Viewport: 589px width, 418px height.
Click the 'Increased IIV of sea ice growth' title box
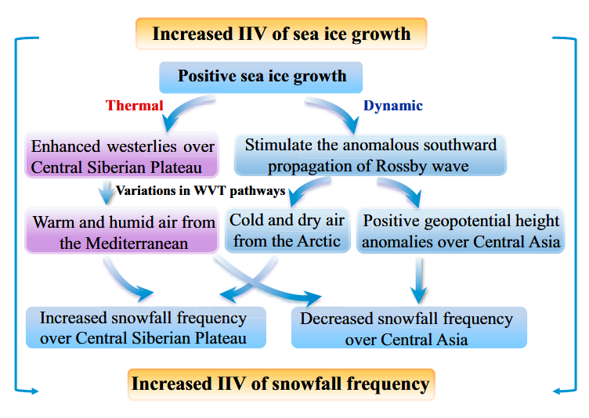281,34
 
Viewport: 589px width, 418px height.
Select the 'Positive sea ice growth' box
262,77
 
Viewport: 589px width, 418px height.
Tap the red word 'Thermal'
135,106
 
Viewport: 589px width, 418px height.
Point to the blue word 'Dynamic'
393,106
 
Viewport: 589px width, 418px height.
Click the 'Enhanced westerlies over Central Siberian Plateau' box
122,156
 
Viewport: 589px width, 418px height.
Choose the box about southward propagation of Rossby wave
370,155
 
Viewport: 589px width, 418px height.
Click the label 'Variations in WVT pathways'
200,190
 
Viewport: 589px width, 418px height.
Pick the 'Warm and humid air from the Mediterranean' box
124,232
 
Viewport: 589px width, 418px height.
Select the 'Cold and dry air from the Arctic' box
287,230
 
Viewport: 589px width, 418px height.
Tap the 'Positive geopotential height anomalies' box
461,231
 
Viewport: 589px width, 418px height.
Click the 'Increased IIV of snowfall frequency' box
280,384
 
